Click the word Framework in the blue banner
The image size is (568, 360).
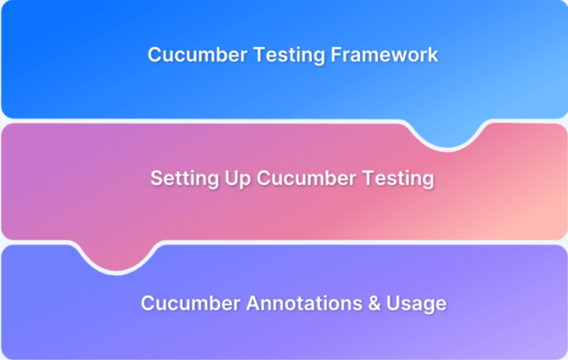[x=384, y=55]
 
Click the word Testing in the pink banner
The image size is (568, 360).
[x=397, y=179]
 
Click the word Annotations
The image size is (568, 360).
[x=303, y=303]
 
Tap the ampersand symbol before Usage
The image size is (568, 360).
[x=374, y=303]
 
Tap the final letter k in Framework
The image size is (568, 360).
[x=433, y=55]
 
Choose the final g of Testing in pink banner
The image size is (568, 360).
[x=428, y=181]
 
